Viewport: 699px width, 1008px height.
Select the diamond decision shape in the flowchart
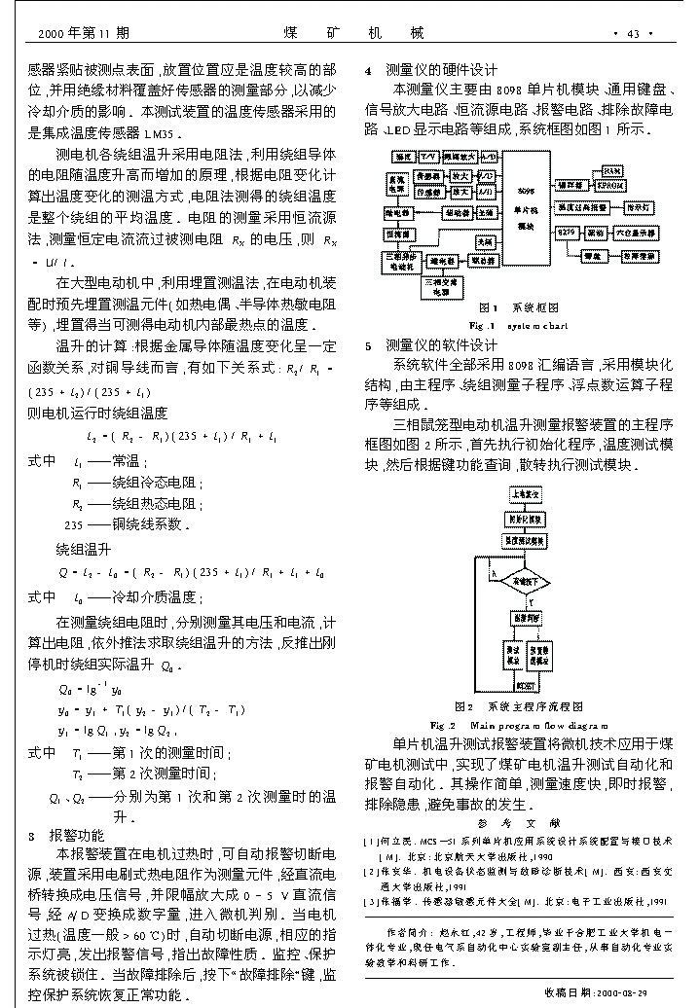pyautogui.click(x=527, y=583)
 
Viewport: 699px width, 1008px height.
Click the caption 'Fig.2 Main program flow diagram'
pyautogui.click(x=519, y=725)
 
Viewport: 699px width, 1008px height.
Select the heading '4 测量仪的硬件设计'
pyautogui.click(x=430, y=70)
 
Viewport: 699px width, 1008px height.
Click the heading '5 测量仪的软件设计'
pyautogui.click(x=430, y=344)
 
